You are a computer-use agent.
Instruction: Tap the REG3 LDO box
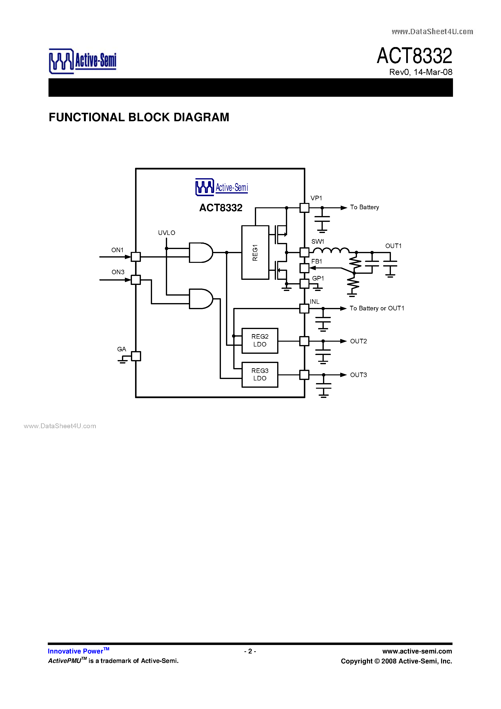259,374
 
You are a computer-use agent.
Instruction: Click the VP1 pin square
304,208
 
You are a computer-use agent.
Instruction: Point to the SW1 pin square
304,252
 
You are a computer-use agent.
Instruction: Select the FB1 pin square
304,268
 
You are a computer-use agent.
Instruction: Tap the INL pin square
304,308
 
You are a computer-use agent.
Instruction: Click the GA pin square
136,356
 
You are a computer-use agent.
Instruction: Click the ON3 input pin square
136,280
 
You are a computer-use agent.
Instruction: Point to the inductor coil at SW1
331,250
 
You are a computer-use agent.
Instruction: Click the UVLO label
167,233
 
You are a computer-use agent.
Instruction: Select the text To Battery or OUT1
377,308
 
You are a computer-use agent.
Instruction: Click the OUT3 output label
358,375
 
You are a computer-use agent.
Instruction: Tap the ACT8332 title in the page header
414,56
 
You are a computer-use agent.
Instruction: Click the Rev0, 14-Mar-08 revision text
420,72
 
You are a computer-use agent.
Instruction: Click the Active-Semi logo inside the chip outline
221,187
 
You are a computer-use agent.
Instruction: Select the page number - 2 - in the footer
250,651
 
